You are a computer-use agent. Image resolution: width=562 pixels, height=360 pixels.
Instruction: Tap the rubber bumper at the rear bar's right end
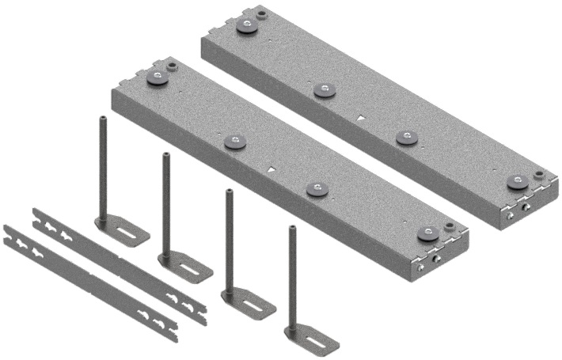pos(517,182)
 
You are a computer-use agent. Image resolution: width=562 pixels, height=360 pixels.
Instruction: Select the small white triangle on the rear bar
pos(361,119)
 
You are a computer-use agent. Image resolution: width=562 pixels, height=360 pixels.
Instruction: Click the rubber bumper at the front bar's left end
pos(158,78)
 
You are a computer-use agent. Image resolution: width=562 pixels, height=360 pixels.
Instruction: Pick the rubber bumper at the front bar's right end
pos(428,233)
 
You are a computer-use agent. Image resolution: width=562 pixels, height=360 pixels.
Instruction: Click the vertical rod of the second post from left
pos(167,202)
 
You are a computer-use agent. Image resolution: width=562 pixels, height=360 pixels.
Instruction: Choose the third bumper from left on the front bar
pos(318,189)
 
